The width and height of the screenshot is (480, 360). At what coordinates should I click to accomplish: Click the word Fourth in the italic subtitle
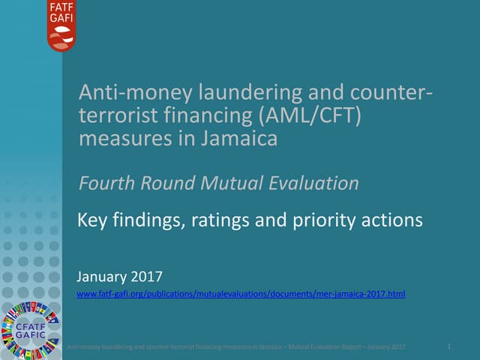tap(106, 182)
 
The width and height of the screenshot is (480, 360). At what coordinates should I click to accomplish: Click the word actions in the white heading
tap(391, 221)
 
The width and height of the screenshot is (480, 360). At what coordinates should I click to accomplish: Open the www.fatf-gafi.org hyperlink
tap(241, 294)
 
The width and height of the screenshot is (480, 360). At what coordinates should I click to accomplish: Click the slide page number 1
tap(448, 346)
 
